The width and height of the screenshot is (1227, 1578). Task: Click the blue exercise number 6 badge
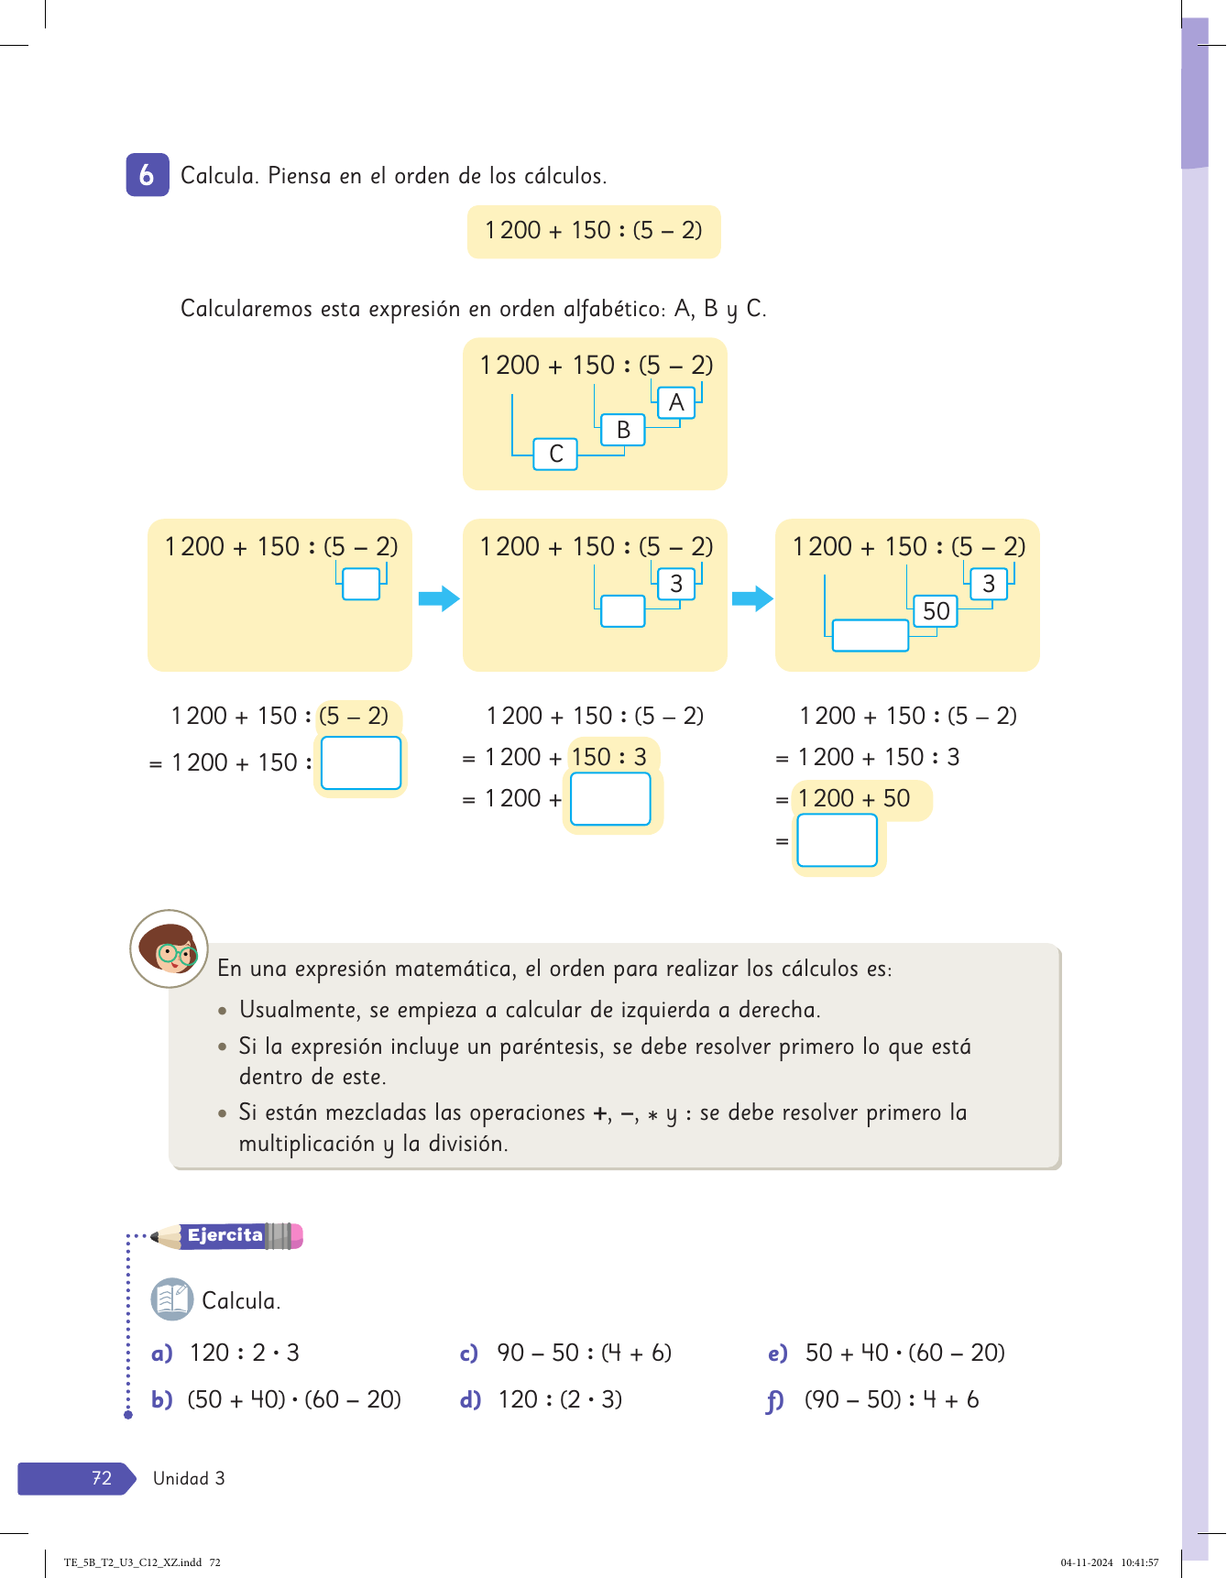[147, 175]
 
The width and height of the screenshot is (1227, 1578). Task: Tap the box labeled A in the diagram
[676, 402]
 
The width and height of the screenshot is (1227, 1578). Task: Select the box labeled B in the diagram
[623, 430]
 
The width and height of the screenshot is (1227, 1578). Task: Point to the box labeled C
[555, 455]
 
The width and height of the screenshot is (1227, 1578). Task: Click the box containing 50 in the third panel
[936, 611]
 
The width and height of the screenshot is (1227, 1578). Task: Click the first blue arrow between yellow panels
[438, 599]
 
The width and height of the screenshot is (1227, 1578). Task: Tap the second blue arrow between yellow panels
[752, 599]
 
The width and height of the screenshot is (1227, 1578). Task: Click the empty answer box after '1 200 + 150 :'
[361, 762]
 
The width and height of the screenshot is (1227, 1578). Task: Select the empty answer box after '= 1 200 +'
[610, 799]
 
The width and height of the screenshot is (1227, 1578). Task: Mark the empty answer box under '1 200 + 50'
[837, 840]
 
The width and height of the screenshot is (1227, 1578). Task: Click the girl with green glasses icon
[170, 949]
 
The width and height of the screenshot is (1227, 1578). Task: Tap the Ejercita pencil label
[226, 1235]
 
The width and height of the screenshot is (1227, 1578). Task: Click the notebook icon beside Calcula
[171, 1299]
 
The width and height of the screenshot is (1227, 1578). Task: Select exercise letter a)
[161, 1353]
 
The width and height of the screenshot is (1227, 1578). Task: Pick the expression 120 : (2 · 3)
[560, 1400]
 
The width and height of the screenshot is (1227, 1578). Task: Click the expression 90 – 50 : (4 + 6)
[584, 1353]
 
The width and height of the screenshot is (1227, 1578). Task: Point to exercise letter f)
[775, 1401]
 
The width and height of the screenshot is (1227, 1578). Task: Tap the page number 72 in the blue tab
[101, 1478]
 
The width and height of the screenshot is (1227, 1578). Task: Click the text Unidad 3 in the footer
[189, 1478]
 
